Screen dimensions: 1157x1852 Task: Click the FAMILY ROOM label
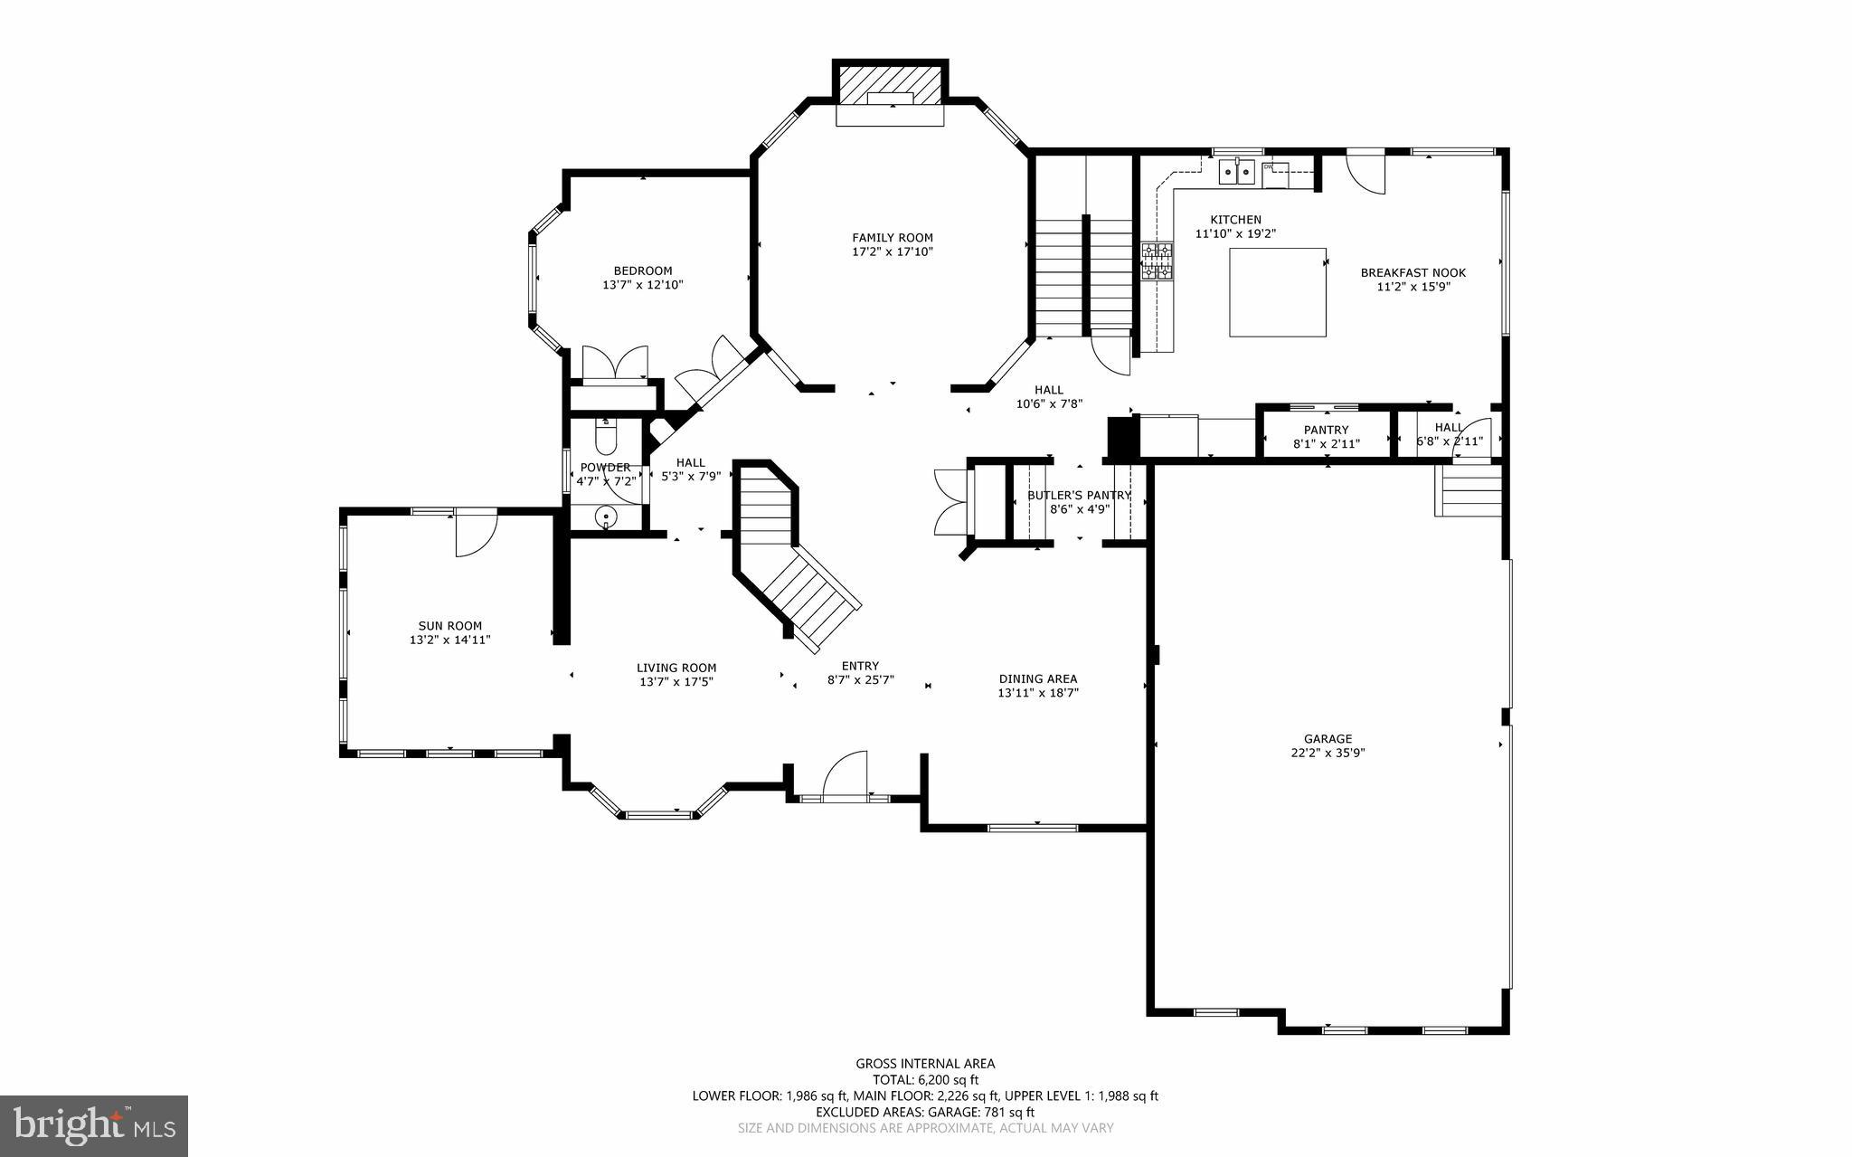click(x=892, y=238)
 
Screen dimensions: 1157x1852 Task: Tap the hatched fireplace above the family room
click(x=890, y=83)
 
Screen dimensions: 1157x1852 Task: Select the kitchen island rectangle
click(x=1277, y=292)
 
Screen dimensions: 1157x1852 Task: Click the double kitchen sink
click(x=1236, y=171)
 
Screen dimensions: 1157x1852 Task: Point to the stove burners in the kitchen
click(x=1157, y=262)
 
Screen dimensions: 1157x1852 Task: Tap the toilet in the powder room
click(x=605, y=438)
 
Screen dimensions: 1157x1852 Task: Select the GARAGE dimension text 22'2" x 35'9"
click(x=1328, y=753)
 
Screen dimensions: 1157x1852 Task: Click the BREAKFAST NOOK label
click(x=1413, y=272)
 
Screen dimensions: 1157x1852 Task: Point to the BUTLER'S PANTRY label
click(x=1079, y=495)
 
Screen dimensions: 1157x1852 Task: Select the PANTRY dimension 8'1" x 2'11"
click(x=1326, y=443)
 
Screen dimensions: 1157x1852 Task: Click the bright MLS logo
click(x=94, y=1124)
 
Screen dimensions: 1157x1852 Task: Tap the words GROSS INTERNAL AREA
click(x=925, y=1064)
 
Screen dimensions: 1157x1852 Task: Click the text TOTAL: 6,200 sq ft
click(x=925, y=1079)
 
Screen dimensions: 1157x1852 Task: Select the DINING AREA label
click(x=1037, y=678)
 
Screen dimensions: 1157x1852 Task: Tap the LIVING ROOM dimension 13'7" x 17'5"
click(x=676, y=682)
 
